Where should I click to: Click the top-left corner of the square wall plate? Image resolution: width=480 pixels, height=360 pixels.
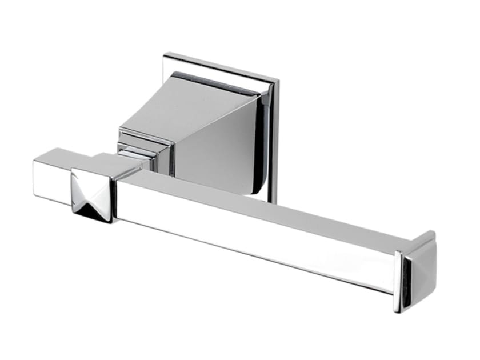[165, 55]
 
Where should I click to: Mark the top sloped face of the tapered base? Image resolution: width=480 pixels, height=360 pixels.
[183, 109]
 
